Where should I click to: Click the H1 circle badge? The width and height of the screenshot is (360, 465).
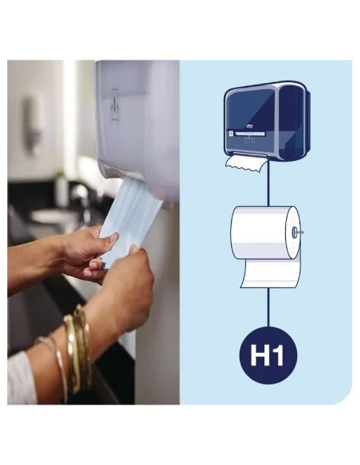tap(268, 355)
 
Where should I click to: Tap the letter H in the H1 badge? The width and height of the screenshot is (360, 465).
tap(260, 355)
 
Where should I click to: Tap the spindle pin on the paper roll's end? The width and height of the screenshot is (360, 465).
tap(295, 232)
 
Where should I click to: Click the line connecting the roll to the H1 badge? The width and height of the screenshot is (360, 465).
tap(268, 307)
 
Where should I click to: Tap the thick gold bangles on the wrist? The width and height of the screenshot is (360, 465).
tap(78, 342)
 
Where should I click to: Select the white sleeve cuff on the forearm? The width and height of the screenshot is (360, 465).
tap(21, 374)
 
